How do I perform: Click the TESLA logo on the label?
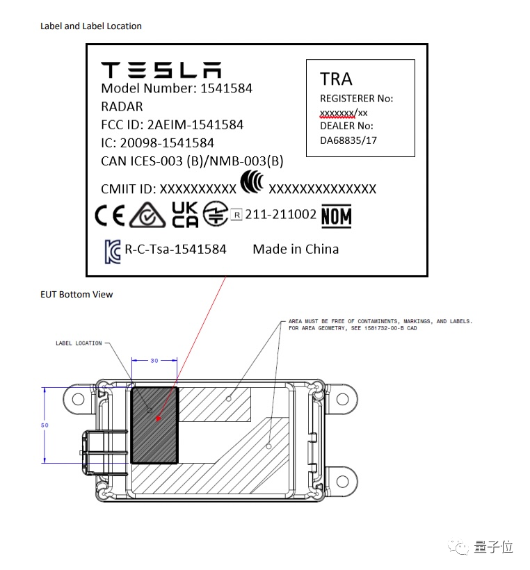pyautogui.click(x=161, y=70)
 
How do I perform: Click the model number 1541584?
pyautogui.click(x=226, y=88)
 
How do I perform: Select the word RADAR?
pyautogui.click(x=122, y=106)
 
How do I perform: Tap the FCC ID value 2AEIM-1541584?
pyautogui.click(x=195, y=125)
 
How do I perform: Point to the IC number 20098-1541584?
pyautogui.click(x=177, y=142)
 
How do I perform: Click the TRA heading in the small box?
pyautogui.click(x=336, y=79)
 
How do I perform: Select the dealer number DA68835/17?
pyautogui.click(x=348, y=140)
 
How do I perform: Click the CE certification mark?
pyautogui.click(x=110, y=216)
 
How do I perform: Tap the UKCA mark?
pyautogui.click(x=185, y=215)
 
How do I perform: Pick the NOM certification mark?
pyautogui.click(x=336, y=216)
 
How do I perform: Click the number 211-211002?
pyautogui.click(x=280, y=215)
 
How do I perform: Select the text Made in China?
pyautogui.click(x=296, y=249)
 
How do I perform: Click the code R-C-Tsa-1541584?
pyautogui.click(x=176, y=249)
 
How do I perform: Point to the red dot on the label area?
pyautogui.click(x=159, y=419)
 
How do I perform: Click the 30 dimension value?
pyautogui.click(x=154, y=360)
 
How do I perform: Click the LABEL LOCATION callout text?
pyautogui.click(x=79, y=343)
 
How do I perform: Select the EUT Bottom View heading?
pyautogui.click(x=77, y=294)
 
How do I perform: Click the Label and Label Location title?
pyautogui.click(x=91, y=26)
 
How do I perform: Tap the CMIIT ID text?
pyautogui.click(x=129, y=188)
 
